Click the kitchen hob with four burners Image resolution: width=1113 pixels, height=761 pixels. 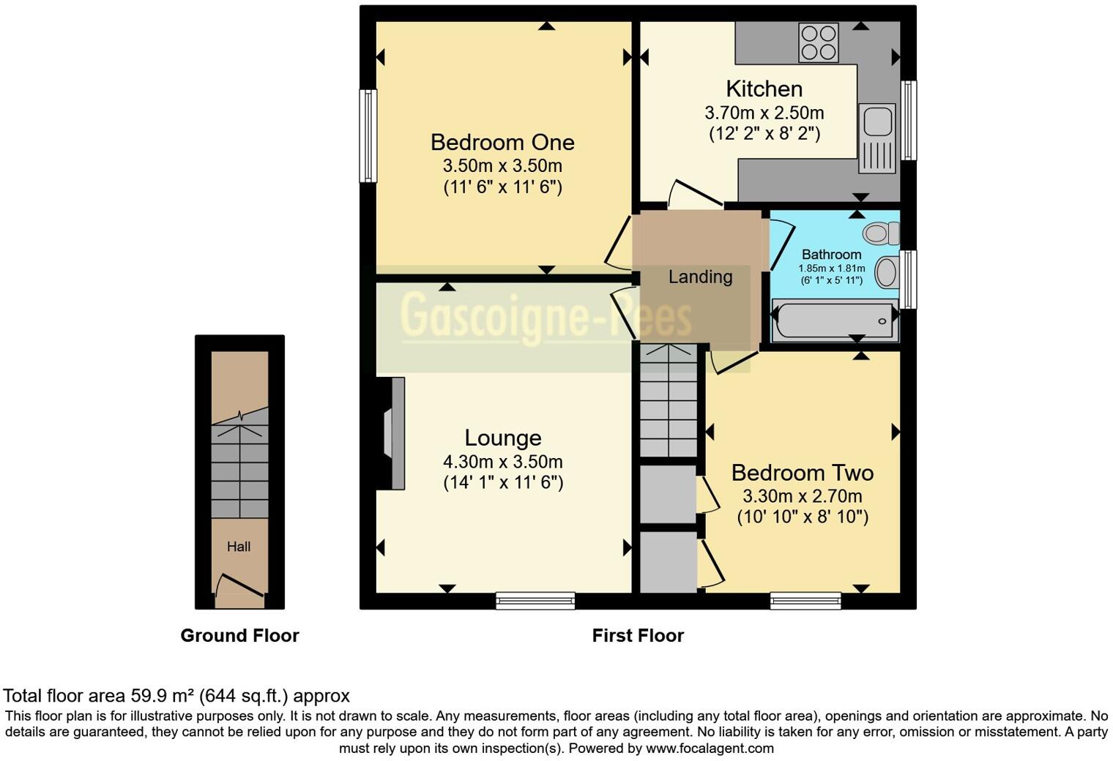[819, 42]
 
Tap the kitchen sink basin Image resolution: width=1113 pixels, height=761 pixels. [877, 121]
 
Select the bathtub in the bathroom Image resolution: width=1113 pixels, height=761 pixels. [835, 320]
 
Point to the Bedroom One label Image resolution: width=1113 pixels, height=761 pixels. [502, 143]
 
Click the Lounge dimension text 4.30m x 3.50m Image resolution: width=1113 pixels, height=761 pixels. [503, 462]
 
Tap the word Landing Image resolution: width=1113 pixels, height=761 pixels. [700, 277]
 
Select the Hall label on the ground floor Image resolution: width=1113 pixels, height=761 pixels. [239, 547]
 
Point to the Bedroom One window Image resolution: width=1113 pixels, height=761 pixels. [368, 136]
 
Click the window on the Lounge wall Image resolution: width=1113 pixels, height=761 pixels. [535, 600]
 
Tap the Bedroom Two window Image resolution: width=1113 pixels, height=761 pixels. [805, 600]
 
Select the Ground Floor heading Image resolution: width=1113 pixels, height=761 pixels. [239, 635]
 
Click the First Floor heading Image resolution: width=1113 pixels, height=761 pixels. [638, 635]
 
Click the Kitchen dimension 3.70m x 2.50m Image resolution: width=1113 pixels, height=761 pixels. [764, 113]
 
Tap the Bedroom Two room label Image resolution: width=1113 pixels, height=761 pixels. [803, 473]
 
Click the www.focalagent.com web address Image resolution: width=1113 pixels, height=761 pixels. [710, 748]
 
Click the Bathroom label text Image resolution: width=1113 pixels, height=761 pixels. [831, 254]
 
